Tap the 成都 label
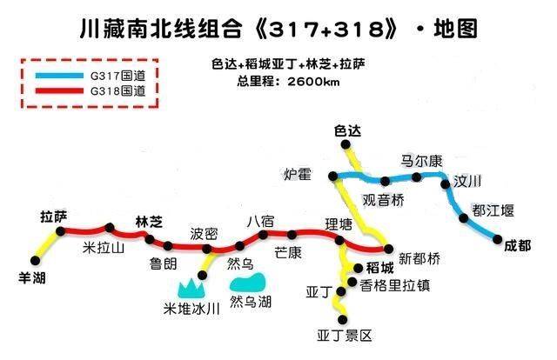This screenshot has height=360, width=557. pyautogui.click(x=517, y=246)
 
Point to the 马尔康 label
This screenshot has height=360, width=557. pyautogui.click(x=421, y=161)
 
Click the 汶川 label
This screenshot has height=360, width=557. pyautogui.click(x=468, y=180)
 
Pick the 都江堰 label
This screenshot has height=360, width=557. pyautogui.click(x=493, y=210)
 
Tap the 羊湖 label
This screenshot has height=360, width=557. pyautogui.click(x=31, y=278)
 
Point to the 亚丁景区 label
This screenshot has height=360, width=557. pyautogui.click(x=346, y=335)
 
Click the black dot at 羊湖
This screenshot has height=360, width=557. pyautogui.click(x=34, y=259)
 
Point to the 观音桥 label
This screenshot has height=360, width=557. pyautogui.click(x=383, y=200)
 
